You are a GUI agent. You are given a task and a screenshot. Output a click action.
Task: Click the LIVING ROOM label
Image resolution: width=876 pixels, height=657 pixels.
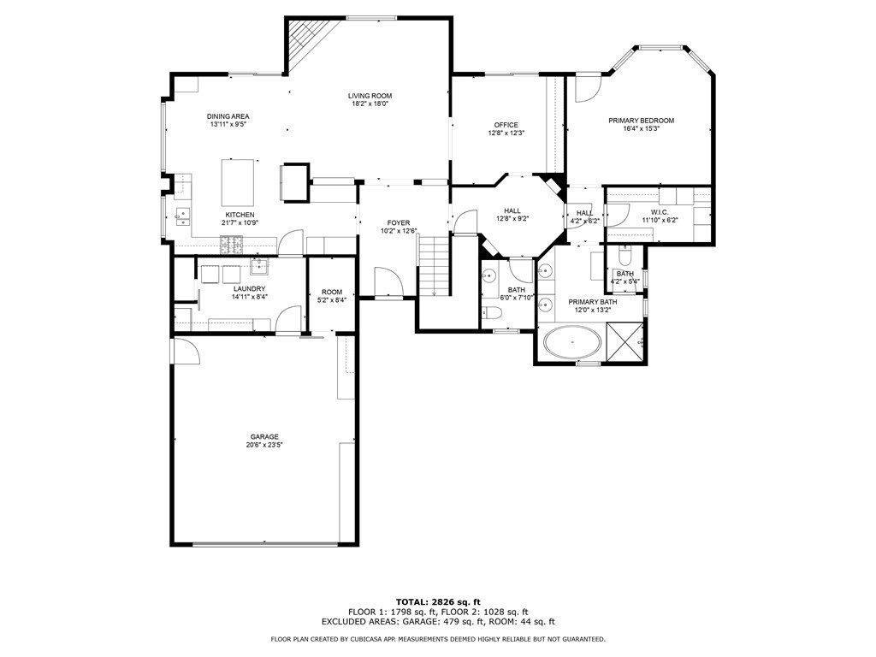pyautogui.click(x=370, y=96)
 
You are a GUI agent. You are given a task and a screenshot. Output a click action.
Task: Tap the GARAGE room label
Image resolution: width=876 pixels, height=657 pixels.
pyautogui.click(x=264, y=437)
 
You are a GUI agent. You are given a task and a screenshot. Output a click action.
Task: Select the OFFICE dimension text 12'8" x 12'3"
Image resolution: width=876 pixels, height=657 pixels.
pyautogui.click(x=506, y=133)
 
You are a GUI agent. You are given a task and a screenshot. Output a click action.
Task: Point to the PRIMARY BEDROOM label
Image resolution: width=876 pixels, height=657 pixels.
pyautogui.click(x=641, y=121)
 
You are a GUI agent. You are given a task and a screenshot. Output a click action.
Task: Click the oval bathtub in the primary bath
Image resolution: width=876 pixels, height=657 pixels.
pyautogui.click(x=572, y=343)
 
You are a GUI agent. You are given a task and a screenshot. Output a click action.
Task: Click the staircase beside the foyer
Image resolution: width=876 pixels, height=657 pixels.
pyautogui.click(x=434, y=265)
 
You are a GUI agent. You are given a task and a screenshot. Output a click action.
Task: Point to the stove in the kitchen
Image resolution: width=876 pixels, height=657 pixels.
pyautogui.click(x=232, y=246)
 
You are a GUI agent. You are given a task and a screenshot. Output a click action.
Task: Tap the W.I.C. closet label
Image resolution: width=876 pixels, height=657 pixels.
pyautogui.click(x=659, y=212)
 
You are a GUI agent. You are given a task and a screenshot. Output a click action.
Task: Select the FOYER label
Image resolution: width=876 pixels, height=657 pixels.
pyautogui.click(x=398, y=222)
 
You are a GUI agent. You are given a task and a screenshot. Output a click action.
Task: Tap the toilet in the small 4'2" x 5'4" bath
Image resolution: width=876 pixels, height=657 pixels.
pyautogui.click(x=624, y=257)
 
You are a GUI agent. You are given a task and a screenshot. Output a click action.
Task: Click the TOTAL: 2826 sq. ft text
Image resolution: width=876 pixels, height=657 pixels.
pyautogui.click(x=437, y=601)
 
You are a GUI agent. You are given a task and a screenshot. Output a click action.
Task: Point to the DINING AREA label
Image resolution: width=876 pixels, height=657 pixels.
pyautogui.click(x=228, y=116)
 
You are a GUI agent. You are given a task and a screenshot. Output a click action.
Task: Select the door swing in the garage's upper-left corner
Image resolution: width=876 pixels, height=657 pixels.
pyautogui.click(x=186, y=352)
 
